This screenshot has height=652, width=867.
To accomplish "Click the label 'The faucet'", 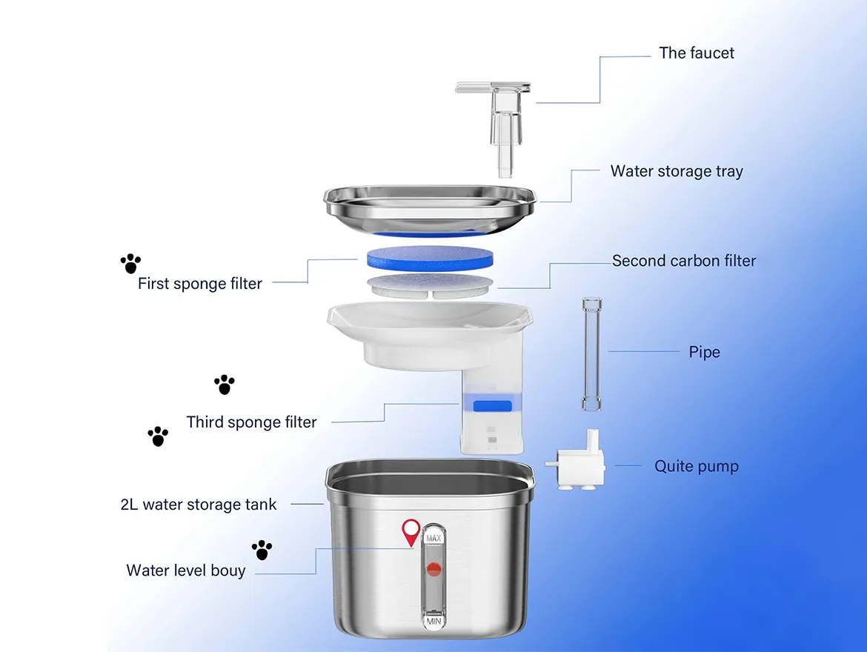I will tap(697, 53).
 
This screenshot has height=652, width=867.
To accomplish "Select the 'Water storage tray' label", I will tap(676, 171).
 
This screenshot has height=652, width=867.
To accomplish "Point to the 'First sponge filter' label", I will tap(199, 284).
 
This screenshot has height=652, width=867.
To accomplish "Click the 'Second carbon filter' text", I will tap(683, 261).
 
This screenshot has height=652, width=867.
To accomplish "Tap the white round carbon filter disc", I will tap(430, 284).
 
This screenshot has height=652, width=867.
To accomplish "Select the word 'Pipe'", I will tap(704, 352).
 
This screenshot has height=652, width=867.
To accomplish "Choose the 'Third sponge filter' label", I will tap(251, 422).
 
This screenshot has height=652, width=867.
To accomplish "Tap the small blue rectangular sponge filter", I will tap(492, 406).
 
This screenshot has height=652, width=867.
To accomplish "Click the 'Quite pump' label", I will tap(696, 467).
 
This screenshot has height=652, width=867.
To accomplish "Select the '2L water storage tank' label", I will tap(198, 505).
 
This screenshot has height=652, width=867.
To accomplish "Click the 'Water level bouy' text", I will tap(185, 570).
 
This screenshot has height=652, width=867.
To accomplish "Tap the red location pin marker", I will tap(411, 531).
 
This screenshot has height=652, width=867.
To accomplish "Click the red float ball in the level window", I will tap(434, 569).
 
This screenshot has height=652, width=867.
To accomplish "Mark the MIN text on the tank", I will tap(434, 621).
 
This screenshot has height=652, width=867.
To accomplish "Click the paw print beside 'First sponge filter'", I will tap(130, 263).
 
